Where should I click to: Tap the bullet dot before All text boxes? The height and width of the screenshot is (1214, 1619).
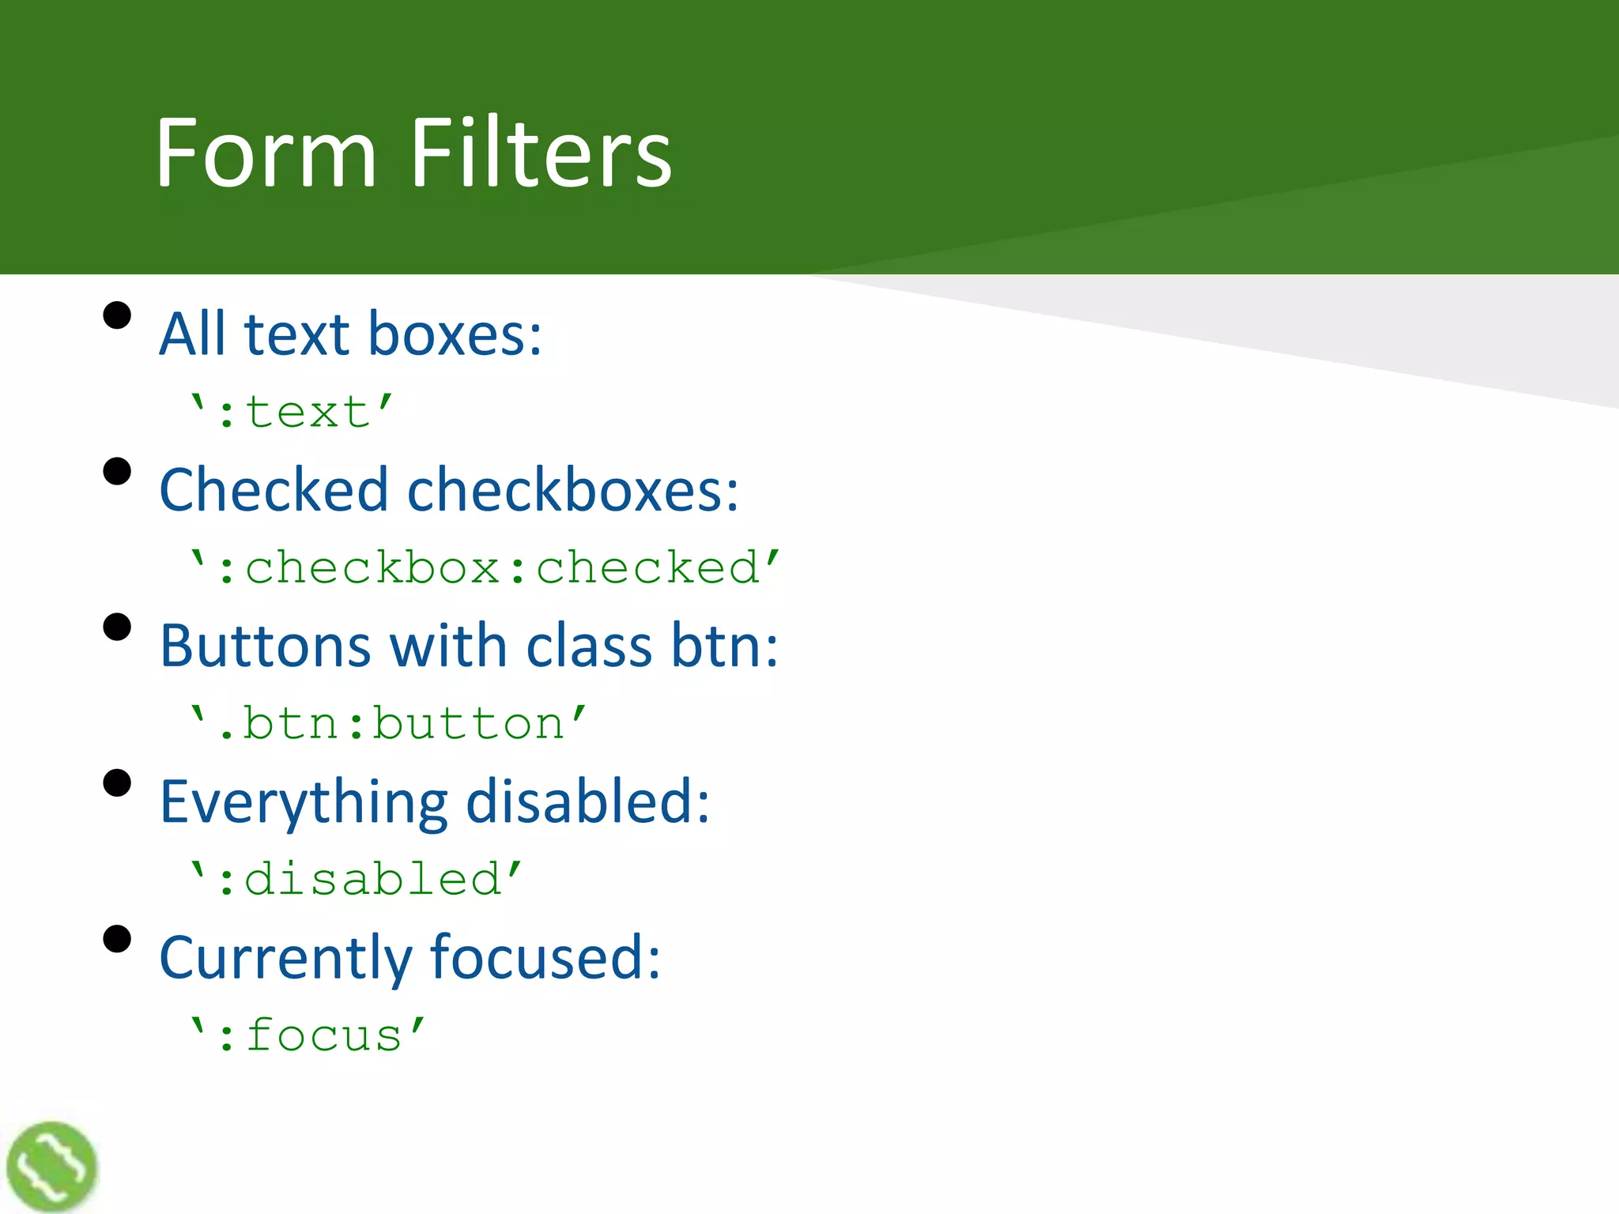point(117,315)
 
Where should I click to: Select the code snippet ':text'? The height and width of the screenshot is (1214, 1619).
point(292,412)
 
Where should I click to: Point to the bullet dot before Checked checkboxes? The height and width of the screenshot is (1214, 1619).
point(117,471)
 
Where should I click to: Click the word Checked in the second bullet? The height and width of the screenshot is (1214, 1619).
point(274,489)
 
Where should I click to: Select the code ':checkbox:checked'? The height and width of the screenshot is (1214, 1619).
point(485,567)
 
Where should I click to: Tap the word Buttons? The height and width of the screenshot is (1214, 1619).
point(265,646)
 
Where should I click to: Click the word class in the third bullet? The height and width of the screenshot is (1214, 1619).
point(589,646)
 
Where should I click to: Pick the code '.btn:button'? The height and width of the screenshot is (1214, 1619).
point(388,723)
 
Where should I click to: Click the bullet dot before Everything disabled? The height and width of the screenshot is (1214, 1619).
point(117,783)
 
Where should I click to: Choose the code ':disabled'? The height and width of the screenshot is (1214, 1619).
point(356,879)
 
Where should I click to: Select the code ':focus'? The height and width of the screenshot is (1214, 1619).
point(308,1035)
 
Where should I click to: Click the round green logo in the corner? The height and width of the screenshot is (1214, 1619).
point(51,1167)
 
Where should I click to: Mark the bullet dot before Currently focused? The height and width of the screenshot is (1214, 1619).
point(117,940)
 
